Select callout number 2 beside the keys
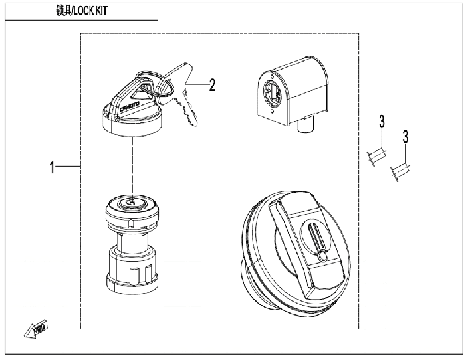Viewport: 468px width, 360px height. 212,85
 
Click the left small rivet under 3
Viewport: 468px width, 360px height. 375,158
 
